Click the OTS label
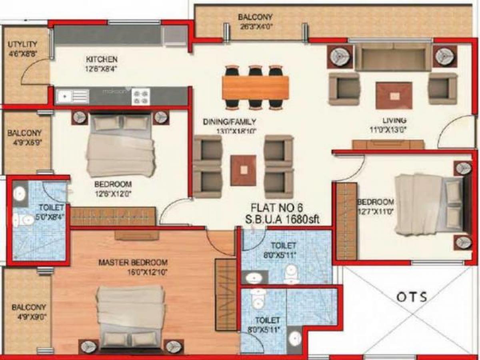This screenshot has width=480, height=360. pyautogui.click(x=412, y=297)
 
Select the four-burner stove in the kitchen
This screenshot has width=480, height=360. pyautogui.click(x=141, y=96)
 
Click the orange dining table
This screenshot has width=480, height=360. pyautogui.click(x=255, y=88)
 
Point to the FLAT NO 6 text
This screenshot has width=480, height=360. pyautogui.click(x=277, y=208)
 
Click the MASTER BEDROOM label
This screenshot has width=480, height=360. pyautogui.click(x=133, y=263)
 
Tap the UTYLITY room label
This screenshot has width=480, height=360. pyautogui.click(x=22, y=44)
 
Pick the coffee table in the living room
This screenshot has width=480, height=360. pyautogui.click(x=394, y=95)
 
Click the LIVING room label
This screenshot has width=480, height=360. pyautogui.click(x=394, y=120)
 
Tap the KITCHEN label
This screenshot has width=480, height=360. pyautogui.click(x=102, y=60)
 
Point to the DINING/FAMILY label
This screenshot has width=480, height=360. pyautogui.click(x=229, y=122)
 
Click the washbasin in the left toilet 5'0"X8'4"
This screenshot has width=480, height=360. pyautogui.click(x=19, y=194)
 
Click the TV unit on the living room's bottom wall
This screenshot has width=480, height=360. pyautogui.click(x=388, y=144)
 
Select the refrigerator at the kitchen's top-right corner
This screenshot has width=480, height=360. pyautogui.click(x=175, y=36)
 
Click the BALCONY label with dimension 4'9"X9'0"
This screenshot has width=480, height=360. pyautogui.click(x=28, y=308)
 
